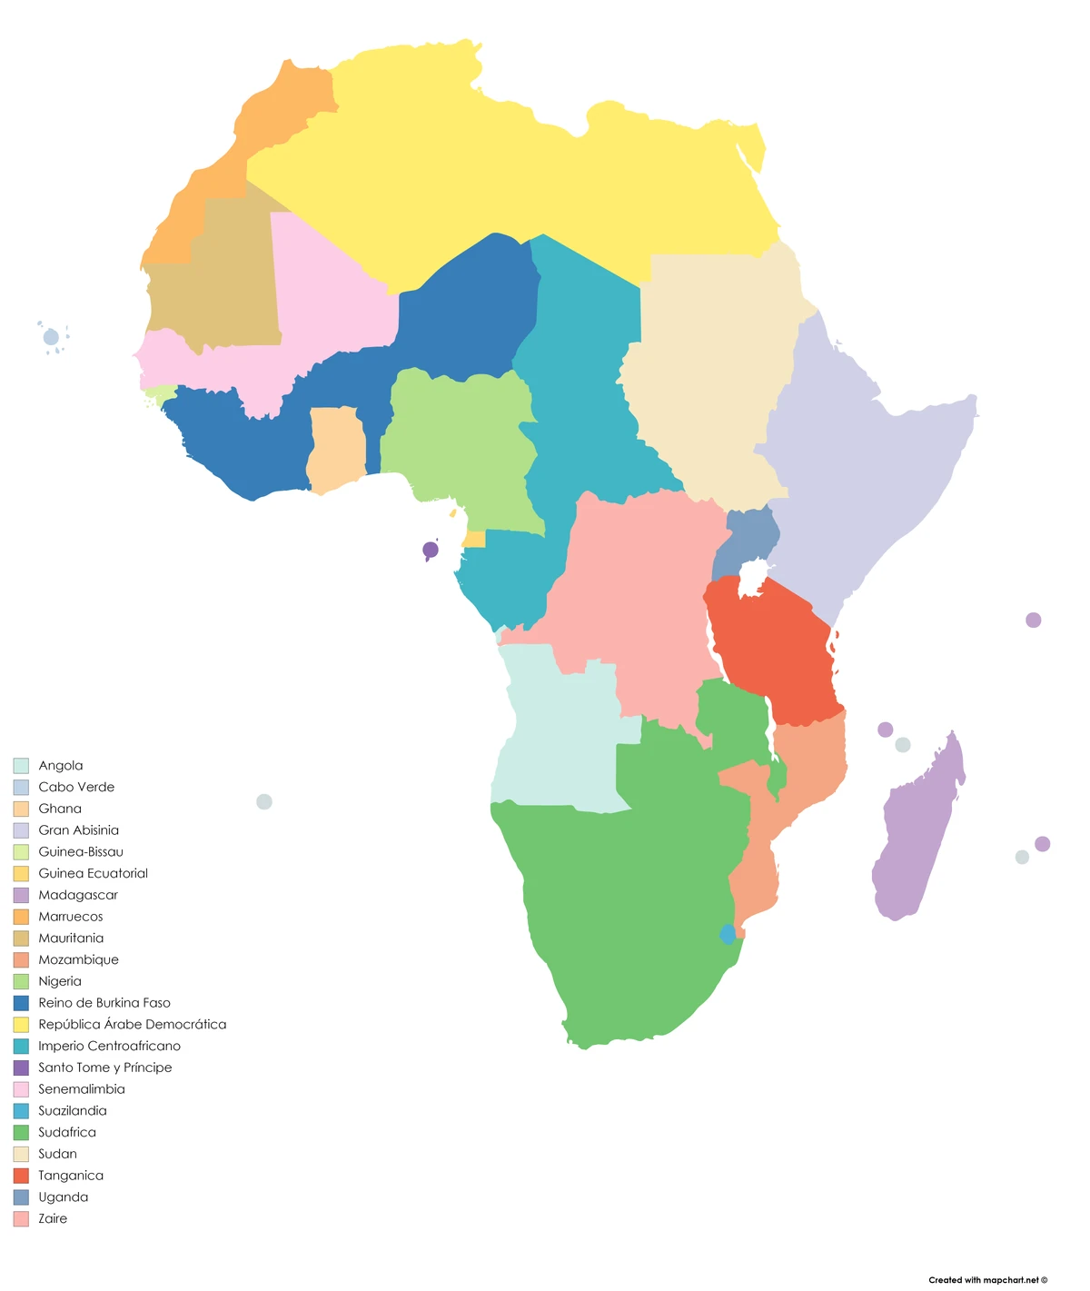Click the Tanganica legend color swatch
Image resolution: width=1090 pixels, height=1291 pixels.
pos(21,1176)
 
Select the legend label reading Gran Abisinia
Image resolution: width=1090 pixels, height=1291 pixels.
pos(78,830)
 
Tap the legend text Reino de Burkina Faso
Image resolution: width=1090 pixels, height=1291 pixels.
pos(104,1003)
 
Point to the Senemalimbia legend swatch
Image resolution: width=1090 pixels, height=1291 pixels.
pos(21,1089)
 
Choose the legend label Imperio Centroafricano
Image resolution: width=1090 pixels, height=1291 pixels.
pos(109,1046)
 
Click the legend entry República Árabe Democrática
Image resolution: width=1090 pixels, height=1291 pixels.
pos(132,1024)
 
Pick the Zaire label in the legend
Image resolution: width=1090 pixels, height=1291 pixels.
pos(53,1218)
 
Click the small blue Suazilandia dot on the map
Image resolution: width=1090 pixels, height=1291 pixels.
pos(728,934)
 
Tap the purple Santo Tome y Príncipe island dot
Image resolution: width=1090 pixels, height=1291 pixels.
pos(431,550)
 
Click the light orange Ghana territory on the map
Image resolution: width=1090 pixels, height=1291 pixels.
pos(336,450)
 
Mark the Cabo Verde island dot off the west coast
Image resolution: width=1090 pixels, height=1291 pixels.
pos(51,338)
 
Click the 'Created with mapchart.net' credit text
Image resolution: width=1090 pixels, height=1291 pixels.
pos(987,1280)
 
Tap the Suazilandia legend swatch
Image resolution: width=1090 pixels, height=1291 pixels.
pos(21,1111)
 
